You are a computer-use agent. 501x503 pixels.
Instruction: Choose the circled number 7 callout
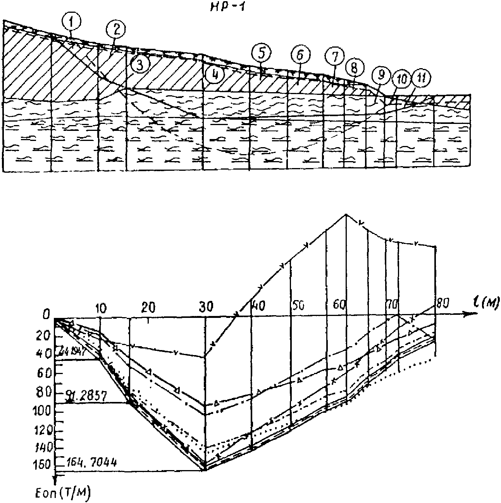[335, 57]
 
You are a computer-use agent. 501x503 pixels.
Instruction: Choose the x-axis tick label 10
[100, 308]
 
